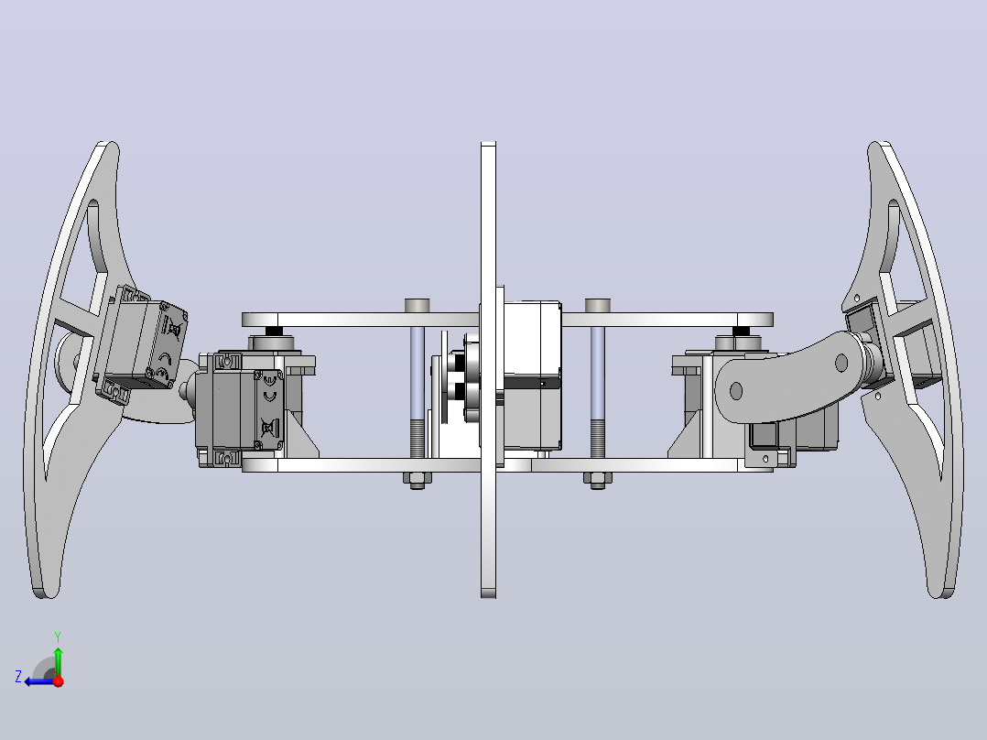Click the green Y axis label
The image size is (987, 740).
(x=58, y=637)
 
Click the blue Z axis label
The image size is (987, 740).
(x=18, y=677)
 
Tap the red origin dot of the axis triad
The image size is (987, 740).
(x=59, y=681)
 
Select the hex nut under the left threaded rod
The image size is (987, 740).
(x=417, y=480)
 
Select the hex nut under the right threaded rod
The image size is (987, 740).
(x=597, y=480)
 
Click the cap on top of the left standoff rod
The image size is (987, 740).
(x=417, y=306)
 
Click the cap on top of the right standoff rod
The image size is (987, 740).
(x=597, y=306)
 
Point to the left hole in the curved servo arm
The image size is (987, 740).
(x=736, y=391)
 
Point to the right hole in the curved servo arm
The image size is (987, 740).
(x=841, y=363)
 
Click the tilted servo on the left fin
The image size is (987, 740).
(x=142, y=343)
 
